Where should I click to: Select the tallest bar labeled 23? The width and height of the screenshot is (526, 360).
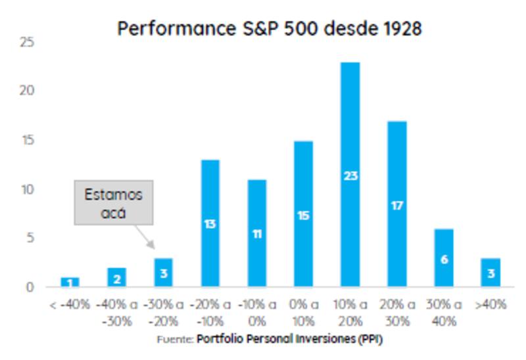(350, 175)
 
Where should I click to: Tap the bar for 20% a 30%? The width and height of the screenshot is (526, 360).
(396, 204)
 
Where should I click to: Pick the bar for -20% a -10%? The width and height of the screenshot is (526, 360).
(210, 223)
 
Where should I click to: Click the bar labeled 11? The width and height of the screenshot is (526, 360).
(257, 233)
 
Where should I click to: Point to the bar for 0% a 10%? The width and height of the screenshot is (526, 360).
(303, 214)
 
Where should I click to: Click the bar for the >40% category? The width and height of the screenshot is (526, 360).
(490, 272)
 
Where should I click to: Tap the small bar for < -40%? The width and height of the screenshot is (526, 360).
(70, 282)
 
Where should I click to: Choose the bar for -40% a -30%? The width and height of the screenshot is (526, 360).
(116, 278)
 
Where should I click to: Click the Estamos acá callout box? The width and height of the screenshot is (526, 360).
(114, 203)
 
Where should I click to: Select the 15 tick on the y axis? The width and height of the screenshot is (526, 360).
(28, 141)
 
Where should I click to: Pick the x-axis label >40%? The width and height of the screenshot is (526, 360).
(490, 305)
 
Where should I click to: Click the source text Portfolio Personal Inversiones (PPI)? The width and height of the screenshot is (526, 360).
(289, 340)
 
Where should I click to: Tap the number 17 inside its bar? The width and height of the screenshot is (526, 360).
(396, 206)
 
